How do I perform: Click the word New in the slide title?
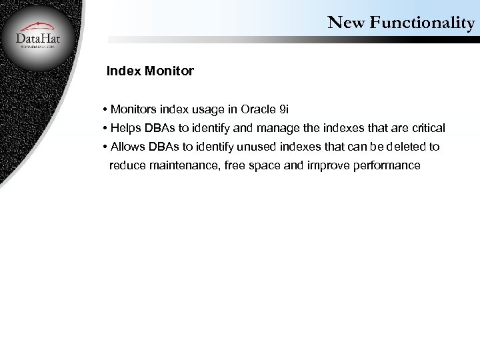pyautogui.click(x=344, y=23)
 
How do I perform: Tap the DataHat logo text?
pyautogui.click(x=39, y=39)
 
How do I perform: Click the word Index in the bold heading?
pyautogui.click(x=123, y=71)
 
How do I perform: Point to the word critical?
pyautogui.click(x=427, y=127)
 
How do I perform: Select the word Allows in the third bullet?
pyautogui.click(x=126, y=146)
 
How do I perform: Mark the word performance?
pyautogui.click(x=389, y=165)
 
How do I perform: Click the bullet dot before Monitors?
pyautogui.click(x=106, y=109)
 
